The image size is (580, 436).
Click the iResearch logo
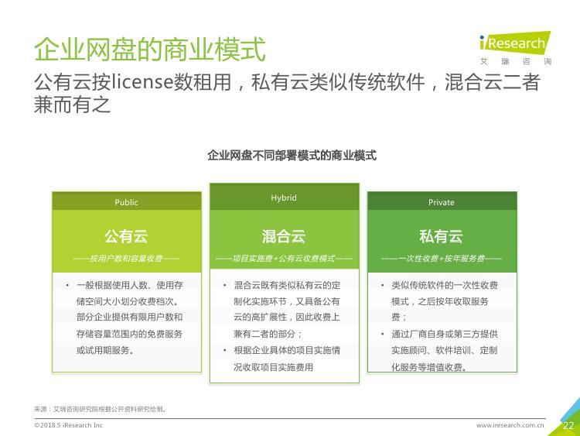point(515,48)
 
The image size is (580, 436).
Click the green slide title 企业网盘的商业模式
point(150,49)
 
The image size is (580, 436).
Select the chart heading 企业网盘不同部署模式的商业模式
point(292,155)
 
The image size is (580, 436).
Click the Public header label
point(126,202)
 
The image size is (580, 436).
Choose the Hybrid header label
point(284,197)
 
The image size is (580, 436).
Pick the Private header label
point(442,202)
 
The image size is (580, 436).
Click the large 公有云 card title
point(126,236)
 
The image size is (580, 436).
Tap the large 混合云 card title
point(284,236)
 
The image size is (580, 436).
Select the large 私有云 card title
point(442,236)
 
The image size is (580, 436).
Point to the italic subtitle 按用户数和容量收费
point(126,258)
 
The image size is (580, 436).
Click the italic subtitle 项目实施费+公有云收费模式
point(284,258)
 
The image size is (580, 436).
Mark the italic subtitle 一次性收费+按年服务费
point(442,258)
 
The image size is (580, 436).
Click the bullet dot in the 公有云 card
point(67,285)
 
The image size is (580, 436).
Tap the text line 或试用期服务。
point(105,350)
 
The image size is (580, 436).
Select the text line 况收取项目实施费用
point(273,367)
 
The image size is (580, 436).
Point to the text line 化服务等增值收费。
point(429,367)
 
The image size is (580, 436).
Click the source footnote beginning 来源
point(100,409)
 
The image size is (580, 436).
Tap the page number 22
point(568,426)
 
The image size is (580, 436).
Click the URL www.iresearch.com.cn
point(510,425)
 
